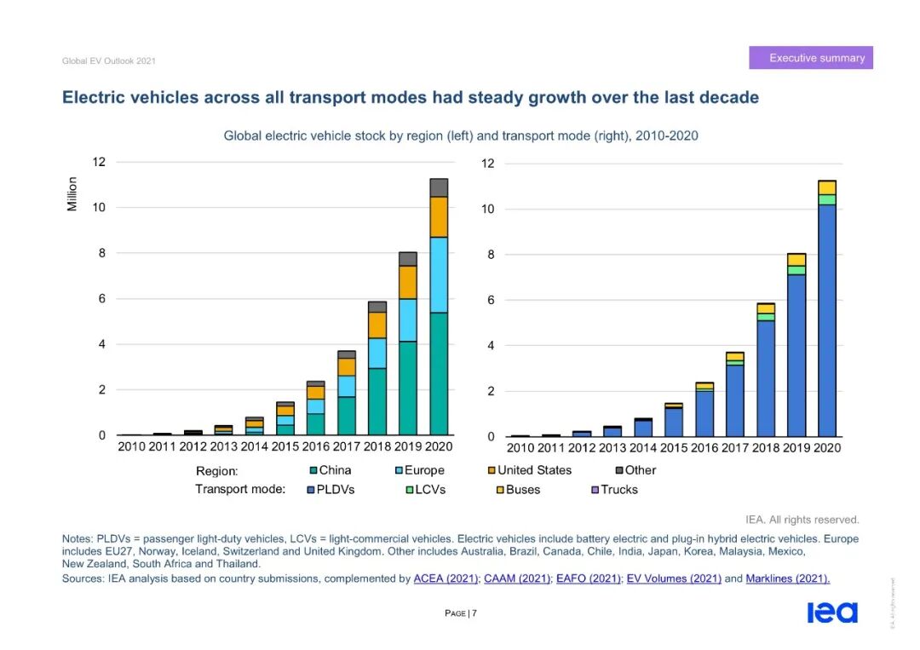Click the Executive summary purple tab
pos(811,58)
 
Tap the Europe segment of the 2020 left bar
pos(439,274)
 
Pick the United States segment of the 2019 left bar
pos(408,282)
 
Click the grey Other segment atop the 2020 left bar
pos(439,187)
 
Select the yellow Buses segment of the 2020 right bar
pos(827,187)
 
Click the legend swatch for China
pos(313,470)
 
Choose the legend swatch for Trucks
pos(595,490)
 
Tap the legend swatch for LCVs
pos(409,490)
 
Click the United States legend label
pos(534,470)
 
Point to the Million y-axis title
pos(72,194)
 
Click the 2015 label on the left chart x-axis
pos(285,446)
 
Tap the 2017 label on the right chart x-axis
pos(734,448)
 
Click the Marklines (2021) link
pos(787,578)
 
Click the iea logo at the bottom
pos(832,613)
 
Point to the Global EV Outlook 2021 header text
pos(109,61)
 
